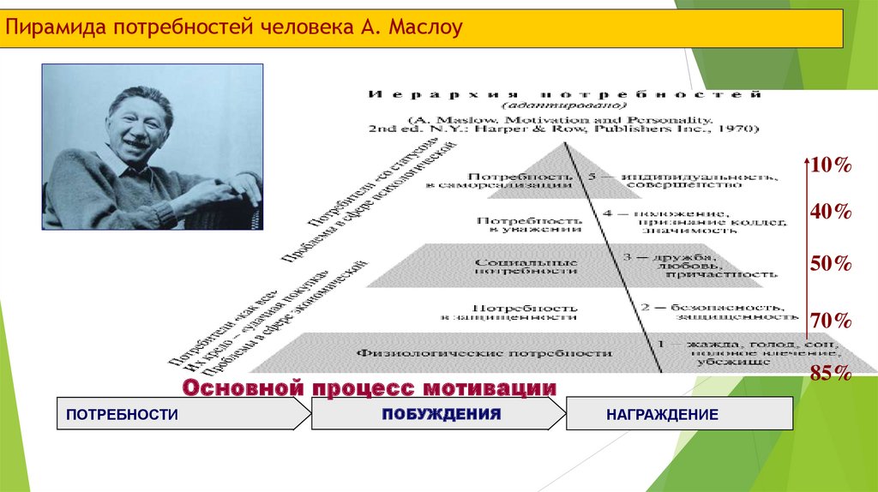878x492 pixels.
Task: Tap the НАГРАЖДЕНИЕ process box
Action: coord(677,414)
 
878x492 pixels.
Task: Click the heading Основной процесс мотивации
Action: coord(369,387)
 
